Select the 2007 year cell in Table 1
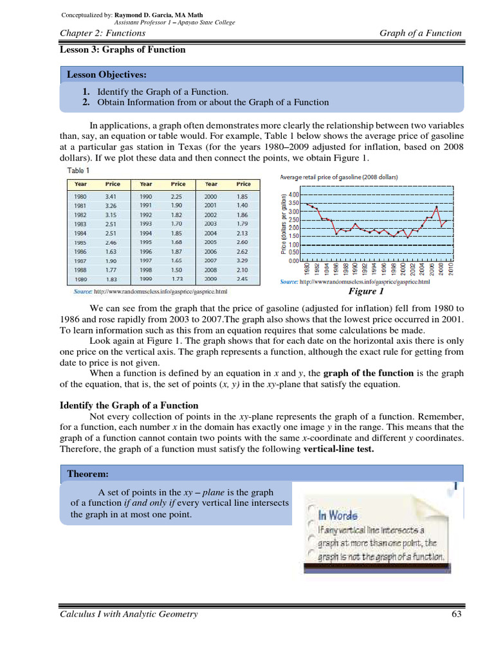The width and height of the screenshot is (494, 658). click(210, 261)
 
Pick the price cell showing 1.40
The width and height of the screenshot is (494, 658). click(242, 206)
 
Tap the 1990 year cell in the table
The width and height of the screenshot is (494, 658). click(146, 196)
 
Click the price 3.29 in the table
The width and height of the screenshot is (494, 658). click(242, 261)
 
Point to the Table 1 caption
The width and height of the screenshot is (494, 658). click(79, 171)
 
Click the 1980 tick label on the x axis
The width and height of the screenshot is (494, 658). click(307, 270)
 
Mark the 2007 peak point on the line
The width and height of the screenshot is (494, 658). click(437, 207)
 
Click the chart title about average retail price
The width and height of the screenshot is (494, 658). click(339, 177)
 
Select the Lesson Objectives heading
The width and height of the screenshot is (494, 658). click(107, 75)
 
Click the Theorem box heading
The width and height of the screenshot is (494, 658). click(87, 474)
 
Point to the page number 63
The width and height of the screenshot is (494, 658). click(457, 614)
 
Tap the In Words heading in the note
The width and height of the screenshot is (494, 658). click(338, 515)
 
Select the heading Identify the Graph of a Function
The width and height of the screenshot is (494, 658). click(129, 405)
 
